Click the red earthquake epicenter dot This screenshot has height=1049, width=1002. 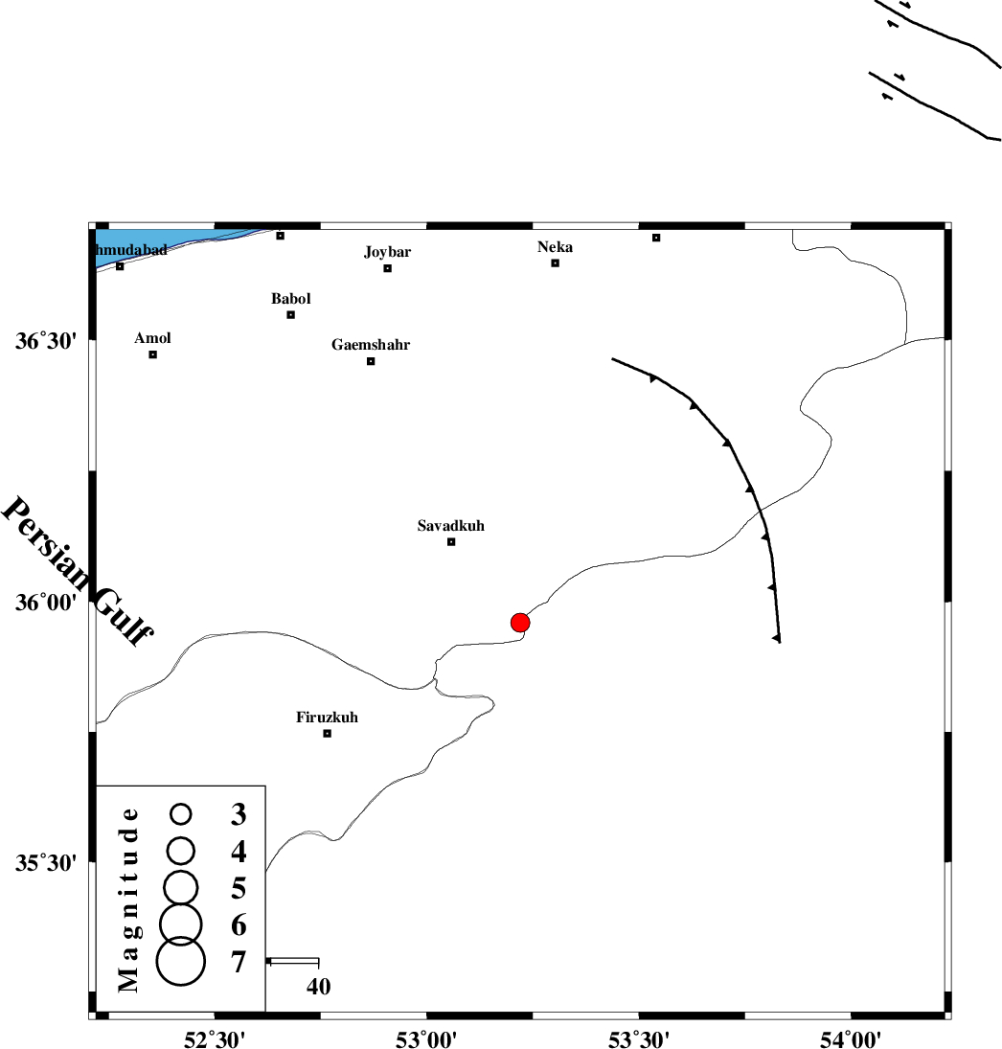[520, 623]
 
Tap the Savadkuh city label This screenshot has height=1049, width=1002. [451, 526]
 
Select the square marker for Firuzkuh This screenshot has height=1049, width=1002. [327, 734]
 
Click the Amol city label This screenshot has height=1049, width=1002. [153, 338]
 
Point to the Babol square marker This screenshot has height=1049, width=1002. [291, 315]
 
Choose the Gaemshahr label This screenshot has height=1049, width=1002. [371, 345]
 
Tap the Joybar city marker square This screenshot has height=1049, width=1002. [388, 268]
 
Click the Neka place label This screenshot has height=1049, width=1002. [556, 247]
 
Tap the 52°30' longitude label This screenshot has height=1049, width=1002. [214, 1038]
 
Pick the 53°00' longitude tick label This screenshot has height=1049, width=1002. [426, 1038]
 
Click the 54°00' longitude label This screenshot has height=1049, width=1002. [852, 1038]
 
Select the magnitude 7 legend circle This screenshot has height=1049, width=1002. [181, 962]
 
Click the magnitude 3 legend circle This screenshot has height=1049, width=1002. [181, 814]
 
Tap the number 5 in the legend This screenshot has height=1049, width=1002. [239, 888]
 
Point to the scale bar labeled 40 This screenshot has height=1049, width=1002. [293, 960]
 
